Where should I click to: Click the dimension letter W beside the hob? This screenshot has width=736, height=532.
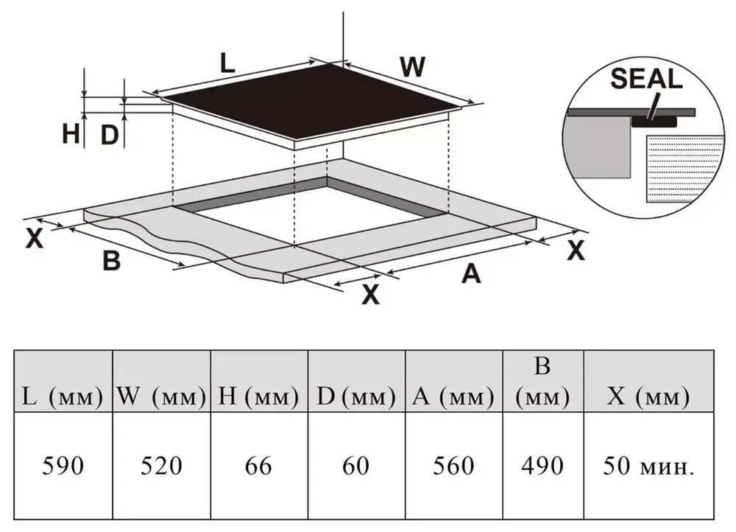click(x=413, y=68)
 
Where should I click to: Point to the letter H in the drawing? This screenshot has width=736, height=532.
click(x=71, y=135)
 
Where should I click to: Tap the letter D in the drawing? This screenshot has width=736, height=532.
click(x=109, y=135)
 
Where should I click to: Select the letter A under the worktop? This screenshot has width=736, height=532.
click(x=470, y=274)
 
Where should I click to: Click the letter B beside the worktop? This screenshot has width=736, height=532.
click(x=111, y=261)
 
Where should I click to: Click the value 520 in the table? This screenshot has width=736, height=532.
click(x=161, y=466)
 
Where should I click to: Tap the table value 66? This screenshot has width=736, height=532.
click(x=259, y=466)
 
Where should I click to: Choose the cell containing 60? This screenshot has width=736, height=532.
click(x=356, y=466)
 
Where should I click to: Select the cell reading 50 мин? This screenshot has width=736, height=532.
click(x=648, y=466)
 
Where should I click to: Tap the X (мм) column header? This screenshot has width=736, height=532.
click(x=648, y=399)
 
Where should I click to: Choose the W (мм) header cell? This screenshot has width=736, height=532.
click(x=161, y=399)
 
